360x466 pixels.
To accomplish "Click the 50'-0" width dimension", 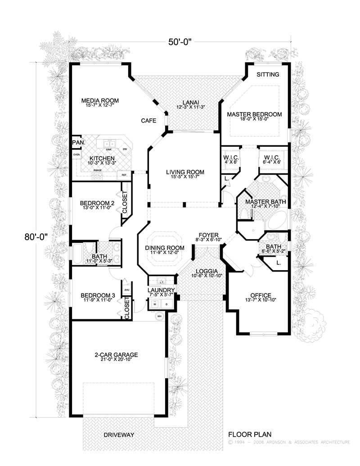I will pyautogui.click(x=180, y=43).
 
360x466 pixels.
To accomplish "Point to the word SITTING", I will pyautogui.click(x=268, y=74).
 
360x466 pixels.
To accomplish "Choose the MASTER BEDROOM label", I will pyautogui.click(x=254, y=114).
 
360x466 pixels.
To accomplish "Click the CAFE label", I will pyautogui.click(x=148, y=121).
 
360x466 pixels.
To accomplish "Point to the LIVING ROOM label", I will pyautogui.click(x=185, y=172).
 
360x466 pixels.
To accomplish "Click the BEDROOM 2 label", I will pyautogui.click(x=97, y=203).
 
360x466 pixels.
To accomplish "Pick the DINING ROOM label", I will pyautogui.click(x=165, y=248).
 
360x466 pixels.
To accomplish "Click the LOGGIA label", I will pyautogui.click(x=200, y=271).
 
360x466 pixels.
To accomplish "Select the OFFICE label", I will pyautogui.click(x=261, y=295).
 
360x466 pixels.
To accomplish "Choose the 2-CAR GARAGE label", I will pyautogui.click(x=116, y=355).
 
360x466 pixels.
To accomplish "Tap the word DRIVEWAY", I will pyautogui.click(x=119, y=435).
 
